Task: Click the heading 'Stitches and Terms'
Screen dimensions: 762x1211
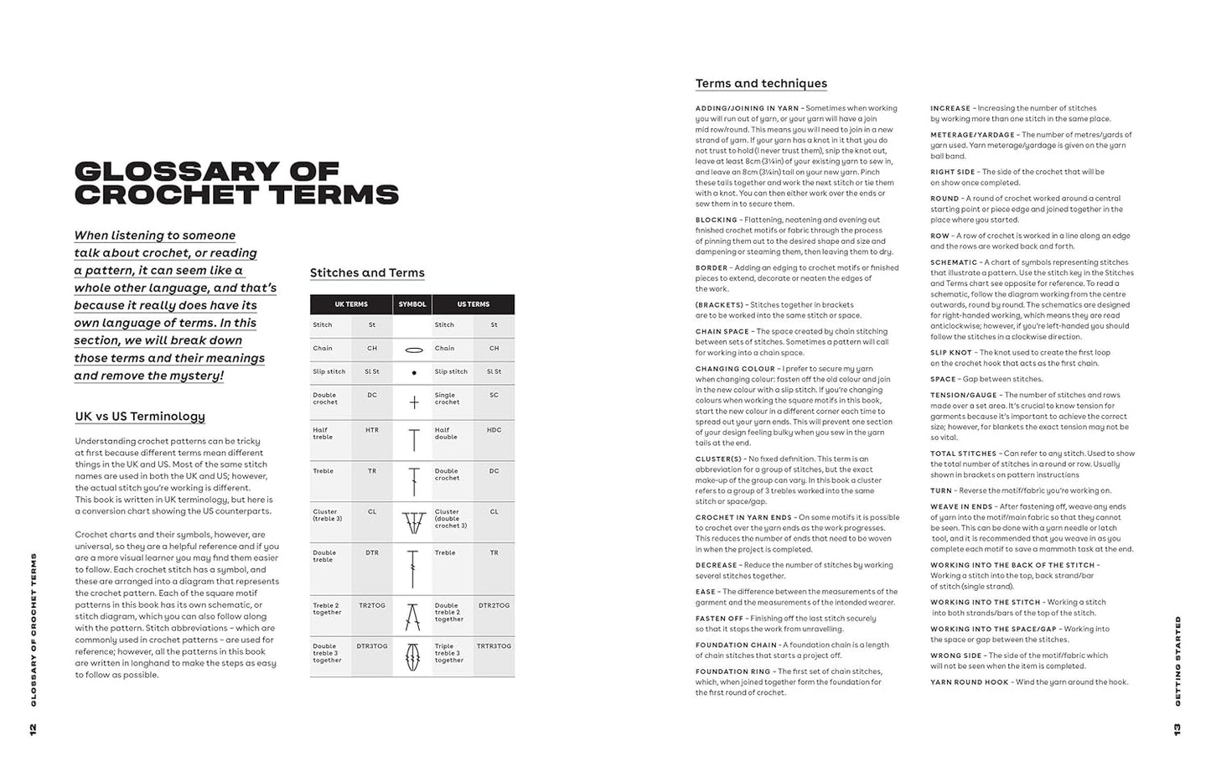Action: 367,273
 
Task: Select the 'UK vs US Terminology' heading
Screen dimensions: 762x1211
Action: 140,417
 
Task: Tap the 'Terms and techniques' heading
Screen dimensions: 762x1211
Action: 761,84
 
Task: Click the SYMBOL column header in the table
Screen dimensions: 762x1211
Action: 412,304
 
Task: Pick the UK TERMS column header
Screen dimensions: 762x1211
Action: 351,304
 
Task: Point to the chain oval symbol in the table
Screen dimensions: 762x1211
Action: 413,350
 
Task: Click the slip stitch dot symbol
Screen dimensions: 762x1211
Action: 413,373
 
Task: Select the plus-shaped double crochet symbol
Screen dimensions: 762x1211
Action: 413,403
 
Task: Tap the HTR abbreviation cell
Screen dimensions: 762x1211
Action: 372,430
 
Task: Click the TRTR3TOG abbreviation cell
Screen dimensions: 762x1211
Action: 494,646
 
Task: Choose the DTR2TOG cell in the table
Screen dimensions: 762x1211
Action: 494,605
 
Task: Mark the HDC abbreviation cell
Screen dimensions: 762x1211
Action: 494,430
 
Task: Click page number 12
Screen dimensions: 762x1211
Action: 33,729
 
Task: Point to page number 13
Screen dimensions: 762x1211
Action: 1177,729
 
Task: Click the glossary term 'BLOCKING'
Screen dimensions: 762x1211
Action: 717,220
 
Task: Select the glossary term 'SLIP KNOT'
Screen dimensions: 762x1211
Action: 951,353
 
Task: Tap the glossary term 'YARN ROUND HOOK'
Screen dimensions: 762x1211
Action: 970,682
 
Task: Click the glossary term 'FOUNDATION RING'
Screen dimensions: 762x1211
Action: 732,671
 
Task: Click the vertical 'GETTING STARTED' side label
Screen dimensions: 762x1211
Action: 1177,661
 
